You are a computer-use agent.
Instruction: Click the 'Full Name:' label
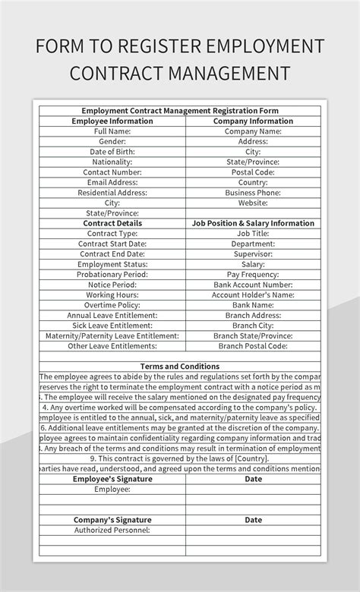(112, 131)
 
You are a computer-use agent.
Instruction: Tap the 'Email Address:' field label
(112, 182)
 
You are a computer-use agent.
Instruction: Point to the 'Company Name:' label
(253, 131)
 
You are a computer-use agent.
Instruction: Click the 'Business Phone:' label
(253, 193)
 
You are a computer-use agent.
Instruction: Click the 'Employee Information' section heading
(112, 121)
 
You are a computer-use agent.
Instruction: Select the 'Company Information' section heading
(253, 121)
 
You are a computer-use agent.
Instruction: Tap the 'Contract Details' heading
(112, 223)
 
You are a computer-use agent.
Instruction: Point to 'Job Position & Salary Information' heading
(253, 223)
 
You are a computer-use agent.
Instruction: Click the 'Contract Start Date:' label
(112, 244)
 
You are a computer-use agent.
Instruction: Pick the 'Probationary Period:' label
(112, 274)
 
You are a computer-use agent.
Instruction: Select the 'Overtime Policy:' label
(112, 304)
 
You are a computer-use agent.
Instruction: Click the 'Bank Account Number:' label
(253, 285)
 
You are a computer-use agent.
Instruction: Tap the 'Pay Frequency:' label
(253, 274)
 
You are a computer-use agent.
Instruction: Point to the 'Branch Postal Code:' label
(253, 345)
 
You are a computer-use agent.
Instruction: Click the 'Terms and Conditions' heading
(180, 366)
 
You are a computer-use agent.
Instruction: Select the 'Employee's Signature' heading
(112, 479)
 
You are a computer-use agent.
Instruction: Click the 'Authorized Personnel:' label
(112, 530)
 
